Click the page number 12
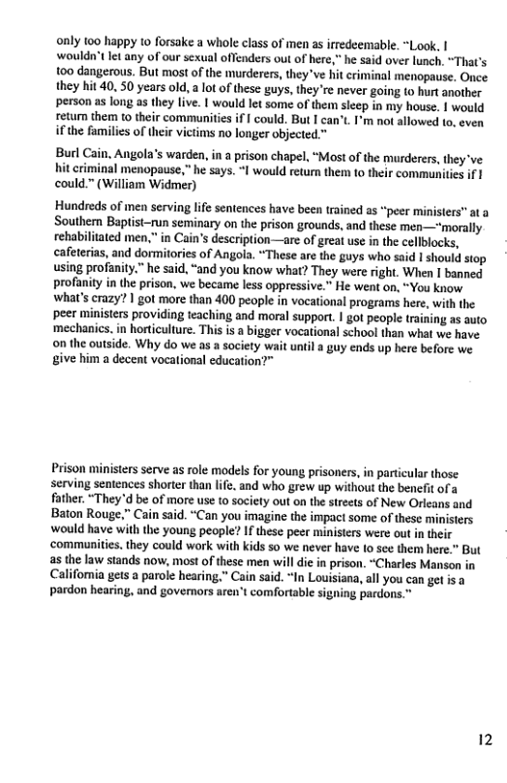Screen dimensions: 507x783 point(485,740)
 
